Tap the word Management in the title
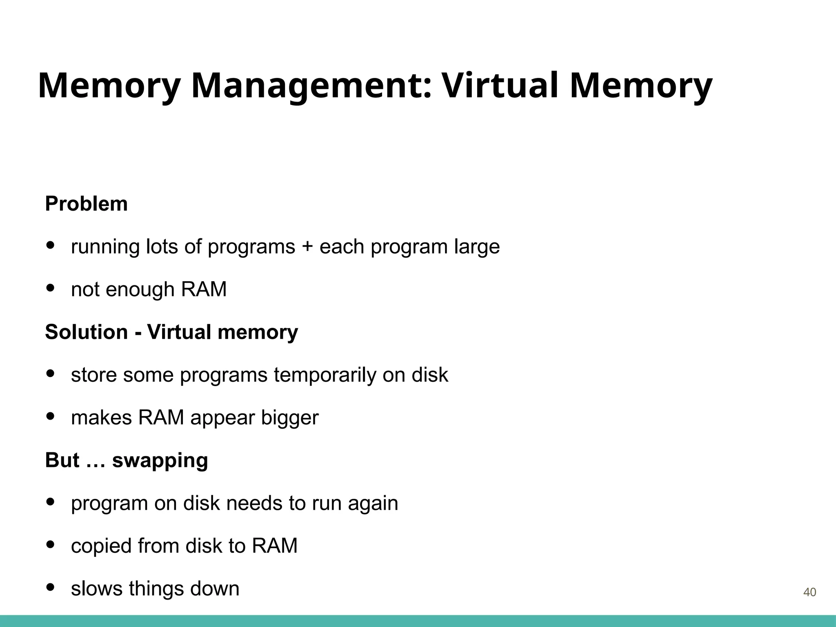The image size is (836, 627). click(311, 86)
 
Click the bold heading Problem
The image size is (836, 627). click(86, 204)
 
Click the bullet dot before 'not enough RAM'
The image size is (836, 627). click(51, 288)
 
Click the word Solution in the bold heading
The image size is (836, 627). click(86, 332)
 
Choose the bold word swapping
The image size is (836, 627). click(160, 461)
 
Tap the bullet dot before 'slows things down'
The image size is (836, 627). click(51, 587)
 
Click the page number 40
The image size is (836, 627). click(809, 592)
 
